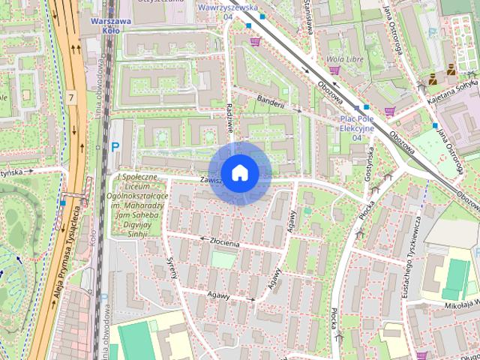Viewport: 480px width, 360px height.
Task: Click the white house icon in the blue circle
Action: [x=239, y=172]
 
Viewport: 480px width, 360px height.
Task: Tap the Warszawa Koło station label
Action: [x=110, y=25]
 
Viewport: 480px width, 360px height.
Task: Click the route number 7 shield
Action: [x=70, y=98]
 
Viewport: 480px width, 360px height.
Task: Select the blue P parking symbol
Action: [x=115, y=148]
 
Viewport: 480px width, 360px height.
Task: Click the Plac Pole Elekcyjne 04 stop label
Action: [x=357, y=127]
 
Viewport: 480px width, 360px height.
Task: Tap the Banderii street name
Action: [x=271, y=103]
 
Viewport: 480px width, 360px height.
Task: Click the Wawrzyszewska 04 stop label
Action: [x=228, y=11]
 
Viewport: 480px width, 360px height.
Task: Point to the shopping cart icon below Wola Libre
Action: [x=334, y=70]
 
